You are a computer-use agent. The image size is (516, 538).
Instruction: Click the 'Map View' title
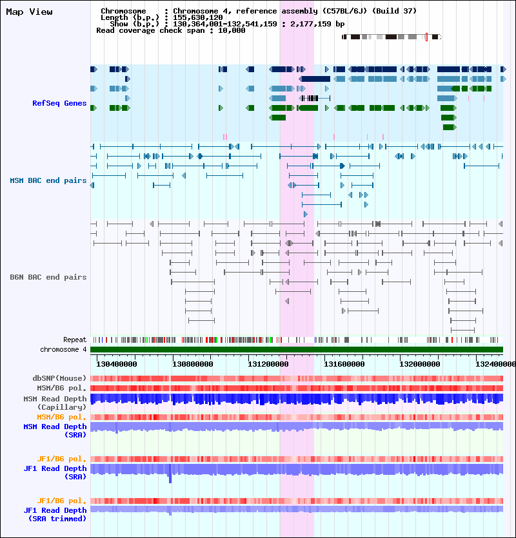pos(29,12)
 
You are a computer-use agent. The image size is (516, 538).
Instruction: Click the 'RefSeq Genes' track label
pos(59,103)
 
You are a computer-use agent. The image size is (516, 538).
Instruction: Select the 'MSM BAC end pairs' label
pos(48,180)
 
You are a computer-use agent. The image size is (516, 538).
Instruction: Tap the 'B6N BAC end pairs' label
pos(48,277)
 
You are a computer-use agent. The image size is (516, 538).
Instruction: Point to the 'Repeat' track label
pos(75,340)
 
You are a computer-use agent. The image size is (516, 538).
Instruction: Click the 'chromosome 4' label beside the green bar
pos(63,349)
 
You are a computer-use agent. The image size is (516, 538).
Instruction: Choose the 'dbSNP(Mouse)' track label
pos(59,378)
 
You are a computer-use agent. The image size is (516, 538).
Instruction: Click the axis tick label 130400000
pos(117,364)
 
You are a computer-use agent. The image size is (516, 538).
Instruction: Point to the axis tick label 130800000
pos(192,364)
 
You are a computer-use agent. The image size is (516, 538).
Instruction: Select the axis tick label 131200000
pos(268,364)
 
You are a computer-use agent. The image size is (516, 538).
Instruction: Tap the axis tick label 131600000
pos(344,364)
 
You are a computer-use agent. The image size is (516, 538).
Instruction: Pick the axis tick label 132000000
pos(420,364)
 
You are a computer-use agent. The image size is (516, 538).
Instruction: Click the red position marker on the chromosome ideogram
pos(427,37)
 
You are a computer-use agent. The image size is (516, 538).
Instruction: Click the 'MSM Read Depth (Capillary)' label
pos(55,403)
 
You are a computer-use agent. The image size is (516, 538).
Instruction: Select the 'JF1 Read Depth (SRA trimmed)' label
pos(55,514)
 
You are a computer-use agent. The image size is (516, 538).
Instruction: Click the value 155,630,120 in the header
pos(198,17)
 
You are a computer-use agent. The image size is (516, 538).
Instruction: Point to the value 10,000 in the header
pos(232,30)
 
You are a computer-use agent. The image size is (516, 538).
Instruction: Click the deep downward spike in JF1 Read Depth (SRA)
pos(170,478)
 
